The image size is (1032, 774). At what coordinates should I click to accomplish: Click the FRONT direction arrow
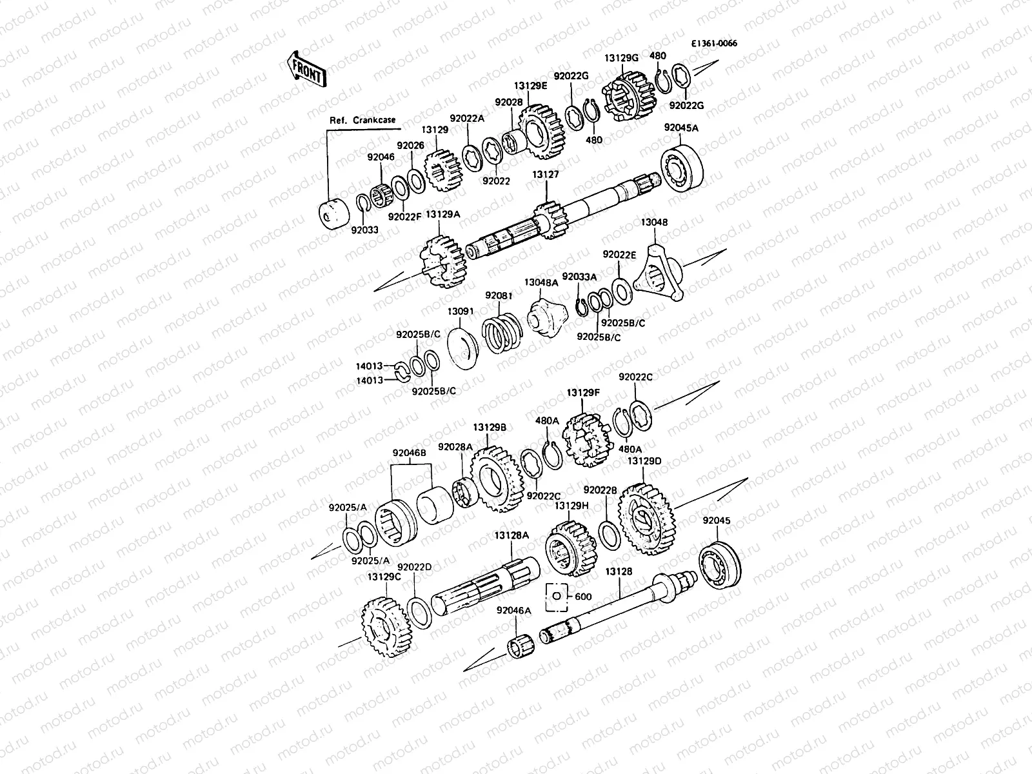(x=306, y=70)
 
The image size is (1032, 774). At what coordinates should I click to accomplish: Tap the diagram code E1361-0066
(x=714, y=43)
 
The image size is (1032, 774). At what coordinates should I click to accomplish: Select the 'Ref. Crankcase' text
(x=362, y=121)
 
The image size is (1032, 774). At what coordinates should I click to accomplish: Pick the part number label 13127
(x=546, y=174)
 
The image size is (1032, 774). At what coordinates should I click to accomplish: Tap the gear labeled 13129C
(x=386, y=626)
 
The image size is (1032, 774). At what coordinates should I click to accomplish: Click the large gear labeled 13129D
(x=646, y=519)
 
